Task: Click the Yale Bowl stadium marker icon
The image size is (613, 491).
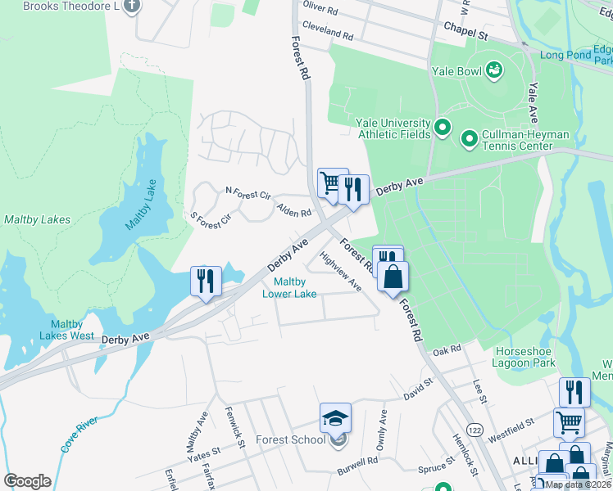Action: tap(494, 70)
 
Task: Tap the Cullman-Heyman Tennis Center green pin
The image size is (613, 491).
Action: tap(470, 139)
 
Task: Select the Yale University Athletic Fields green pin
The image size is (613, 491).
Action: tap(443, 128)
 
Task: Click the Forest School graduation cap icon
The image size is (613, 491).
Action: tap(336, 418)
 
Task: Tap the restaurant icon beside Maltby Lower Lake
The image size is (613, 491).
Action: tap(205, 281)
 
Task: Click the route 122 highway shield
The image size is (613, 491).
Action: tap(474, 430)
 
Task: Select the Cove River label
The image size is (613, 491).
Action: tap(79, 435)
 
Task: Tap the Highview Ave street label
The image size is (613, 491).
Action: tap(342, 271)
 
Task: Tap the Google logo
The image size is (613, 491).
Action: tap(28, 481)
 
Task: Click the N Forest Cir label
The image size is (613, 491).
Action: tap(247, 194)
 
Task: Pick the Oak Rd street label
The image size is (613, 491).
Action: tap(447, 349)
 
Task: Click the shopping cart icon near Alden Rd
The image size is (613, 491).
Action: tap(331, 182)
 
